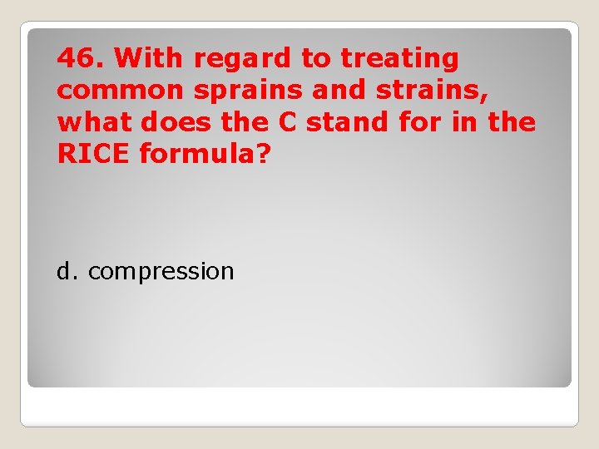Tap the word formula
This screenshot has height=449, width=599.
(198, 153)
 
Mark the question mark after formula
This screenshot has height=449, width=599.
(264, 153)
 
